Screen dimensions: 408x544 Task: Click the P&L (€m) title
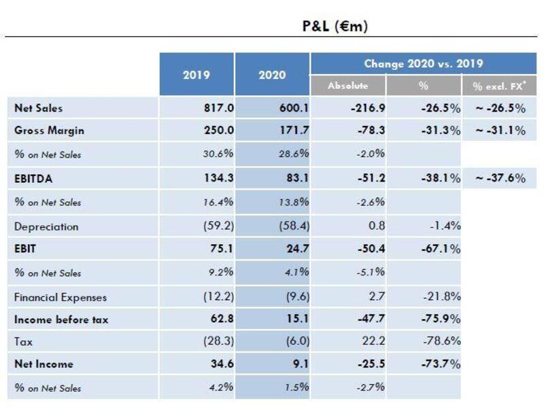pyautogui.click(x=335, y=27)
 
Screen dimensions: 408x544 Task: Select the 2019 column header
pyautogui.click(x=197, y=75)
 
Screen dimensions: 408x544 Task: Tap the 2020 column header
pyautogui.click(x=272, y=75)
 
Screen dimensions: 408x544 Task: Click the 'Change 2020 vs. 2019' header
pyautogui.click(x=424, y=63)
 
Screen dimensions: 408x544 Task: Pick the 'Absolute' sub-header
pyautogui.click(x=347, y=86)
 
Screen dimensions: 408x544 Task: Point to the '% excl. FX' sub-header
pyautogui.click(x=498, y=86)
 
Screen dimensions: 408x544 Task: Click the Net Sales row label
pyautogui.click(x=38, y=107)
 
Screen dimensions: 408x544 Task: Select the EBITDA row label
pyautogui.click(x=33, y=180)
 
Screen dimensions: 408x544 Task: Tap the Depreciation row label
pyautogui.click(x=46, y=226)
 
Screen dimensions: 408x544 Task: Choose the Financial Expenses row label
pyautogui.click(x=61, y=297)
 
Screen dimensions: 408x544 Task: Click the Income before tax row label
pyautogui.click(x=61, y=320)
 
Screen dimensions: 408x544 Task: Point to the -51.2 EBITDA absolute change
pyautogui.click(x=371, y=179)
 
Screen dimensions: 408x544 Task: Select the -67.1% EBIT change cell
pyautogui.click(x=441, y=249)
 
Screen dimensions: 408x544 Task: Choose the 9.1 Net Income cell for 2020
pyautogui.click(x=300, y=364)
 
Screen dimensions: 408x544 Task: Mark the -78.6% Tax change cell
pyautogui.click(x=441, y=342)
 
